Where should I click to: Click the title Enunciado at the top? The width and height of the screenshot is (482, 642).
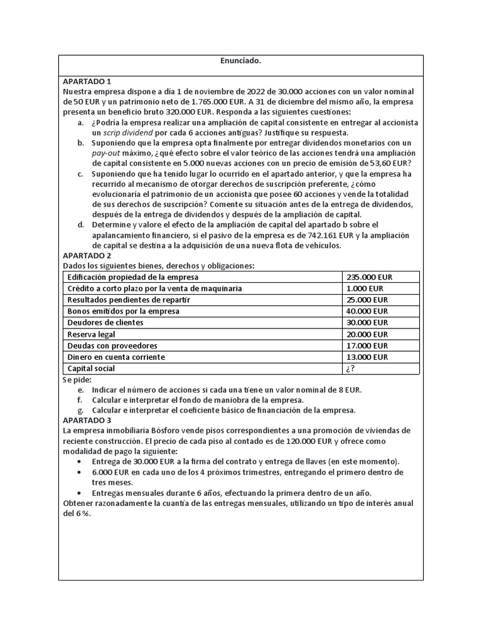click(x=240, y=61)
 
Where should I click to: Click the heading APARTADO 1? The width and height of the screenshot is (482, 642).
click(x=87, y=82)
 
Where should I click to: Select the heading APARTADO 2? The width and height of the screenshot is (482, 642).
click(x=87, y=256)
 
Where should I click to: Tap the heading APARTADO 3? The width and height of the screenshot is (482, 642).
click(x=87, y=420)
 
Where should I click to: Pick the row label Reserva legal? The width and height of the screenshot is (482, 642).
click(x=92, y=334)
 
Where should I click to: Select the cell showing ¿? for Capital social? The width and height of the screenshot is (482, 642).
click(x=350, y=369)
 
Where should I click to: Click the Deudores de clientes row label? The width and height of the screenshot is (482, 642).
click(x=105, y=323)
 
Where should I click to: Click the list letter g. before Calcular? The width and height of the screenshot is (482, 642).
click(x=80, y=411)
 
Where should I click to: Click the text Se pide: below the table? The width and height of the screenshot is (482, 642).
click(x=77, y=379)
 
